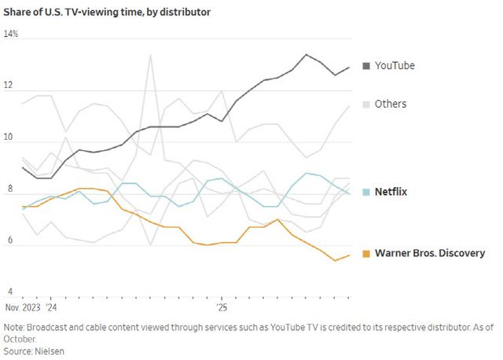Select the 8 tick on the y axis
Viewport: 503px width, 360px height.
click(x=8, y=189)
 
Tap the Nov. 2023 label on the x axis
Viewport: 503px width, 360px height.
click(x=22, y=308)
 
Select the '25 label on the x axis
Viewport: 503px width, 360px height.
click(x=222, y=308)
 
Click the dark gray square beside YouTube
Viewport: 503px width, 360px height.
click(x=366, y=65)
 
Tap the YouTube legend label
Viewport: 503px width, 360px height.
click(x=395, y=65)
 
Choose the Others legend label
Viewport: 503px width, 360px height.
click(x=391, y=104)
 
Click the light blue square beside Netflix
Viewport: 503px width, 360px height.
click(x=366, y=192)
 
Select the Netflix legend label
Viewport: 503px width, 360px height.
click(x=391, y=192)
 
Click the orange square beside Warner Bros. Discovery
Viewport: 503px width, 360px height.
click(x=366, y=253)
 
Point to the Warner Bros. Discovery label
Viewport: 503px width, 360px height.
click(x=430, y=253)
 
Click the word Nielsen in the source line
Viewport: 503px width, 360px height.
click(x=49, y=351)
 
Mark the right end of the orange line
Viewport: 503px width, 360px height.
click(x=349, y=255)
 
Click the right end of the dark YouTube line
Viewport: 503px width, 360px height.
click(x=349, y=68)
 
